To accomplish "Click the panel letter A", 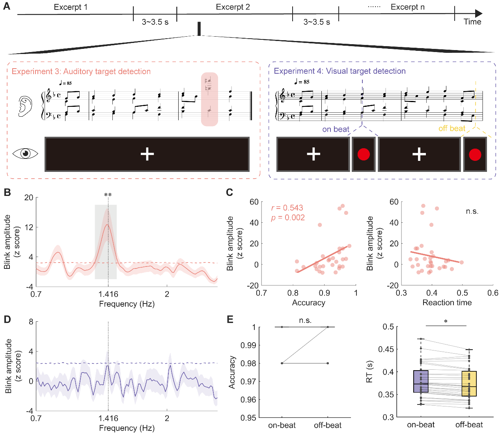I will point(6,7).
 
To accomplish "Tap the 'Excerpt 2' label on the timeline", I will point(233,7).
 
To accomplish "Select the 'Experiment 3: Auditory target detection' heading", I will point(81,71).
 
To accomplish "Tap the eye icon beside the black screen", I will point(25,153).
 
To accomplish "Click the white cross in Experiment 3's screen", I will point(147,154).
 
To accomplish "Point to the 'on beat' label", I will point(336,129).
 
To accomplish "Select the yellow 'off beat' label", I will point(451,129).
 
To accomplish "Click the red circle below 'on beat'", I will point(363,155).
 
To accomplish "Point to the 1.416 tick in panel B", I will point(108,294).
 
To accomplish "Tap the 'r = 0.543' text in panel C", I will point(287,208).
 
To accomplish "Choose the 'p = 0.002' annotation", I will point(288,218).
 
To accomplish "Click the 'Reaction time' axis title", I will point(447,303).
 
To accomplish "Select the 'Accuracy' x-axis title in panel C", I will point(308,303).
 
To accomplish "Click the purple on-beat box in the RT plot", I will point(421,381).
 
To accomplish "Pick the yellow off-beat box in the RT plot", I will point(469,384).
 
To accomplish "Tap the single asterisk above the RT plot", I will point(446,322).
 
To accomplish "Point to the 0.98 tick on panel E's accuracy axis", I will point(248,363).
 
